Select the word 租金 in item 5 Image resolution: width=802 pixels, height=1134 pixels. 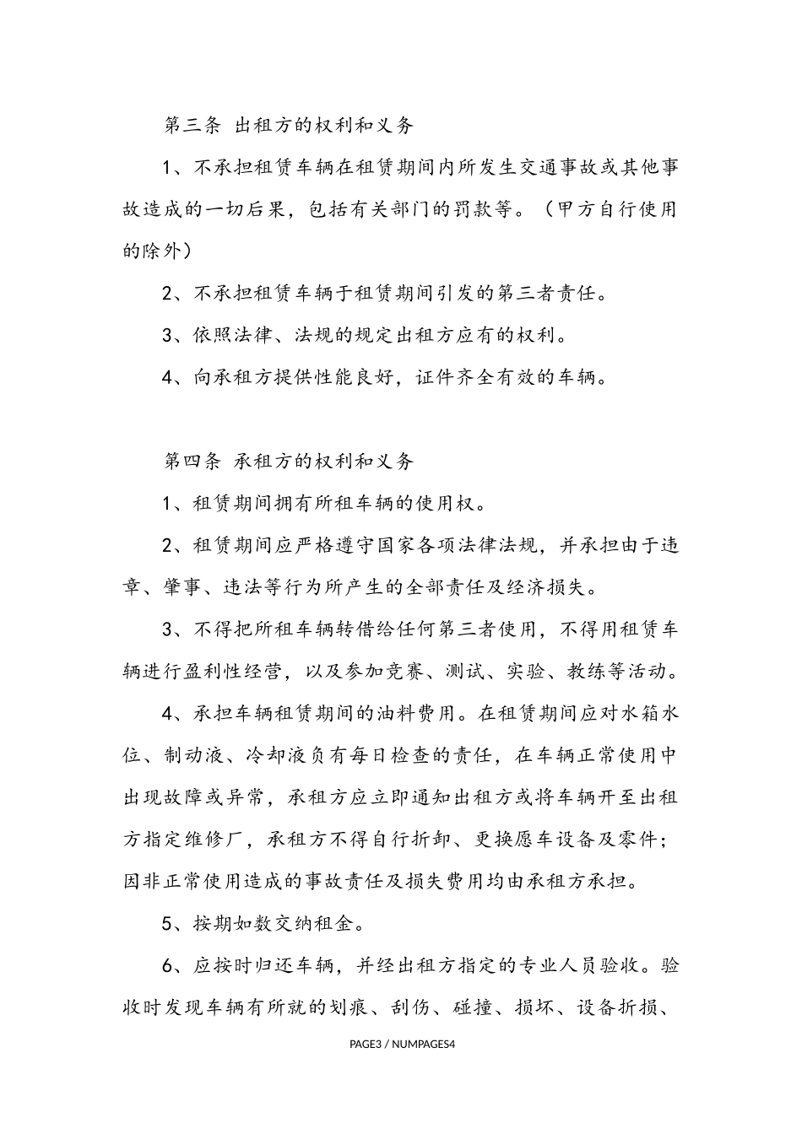coord(345,924)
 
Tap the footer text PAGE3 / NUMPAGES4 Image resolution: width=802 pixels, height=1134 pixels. coord(402,1045)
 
